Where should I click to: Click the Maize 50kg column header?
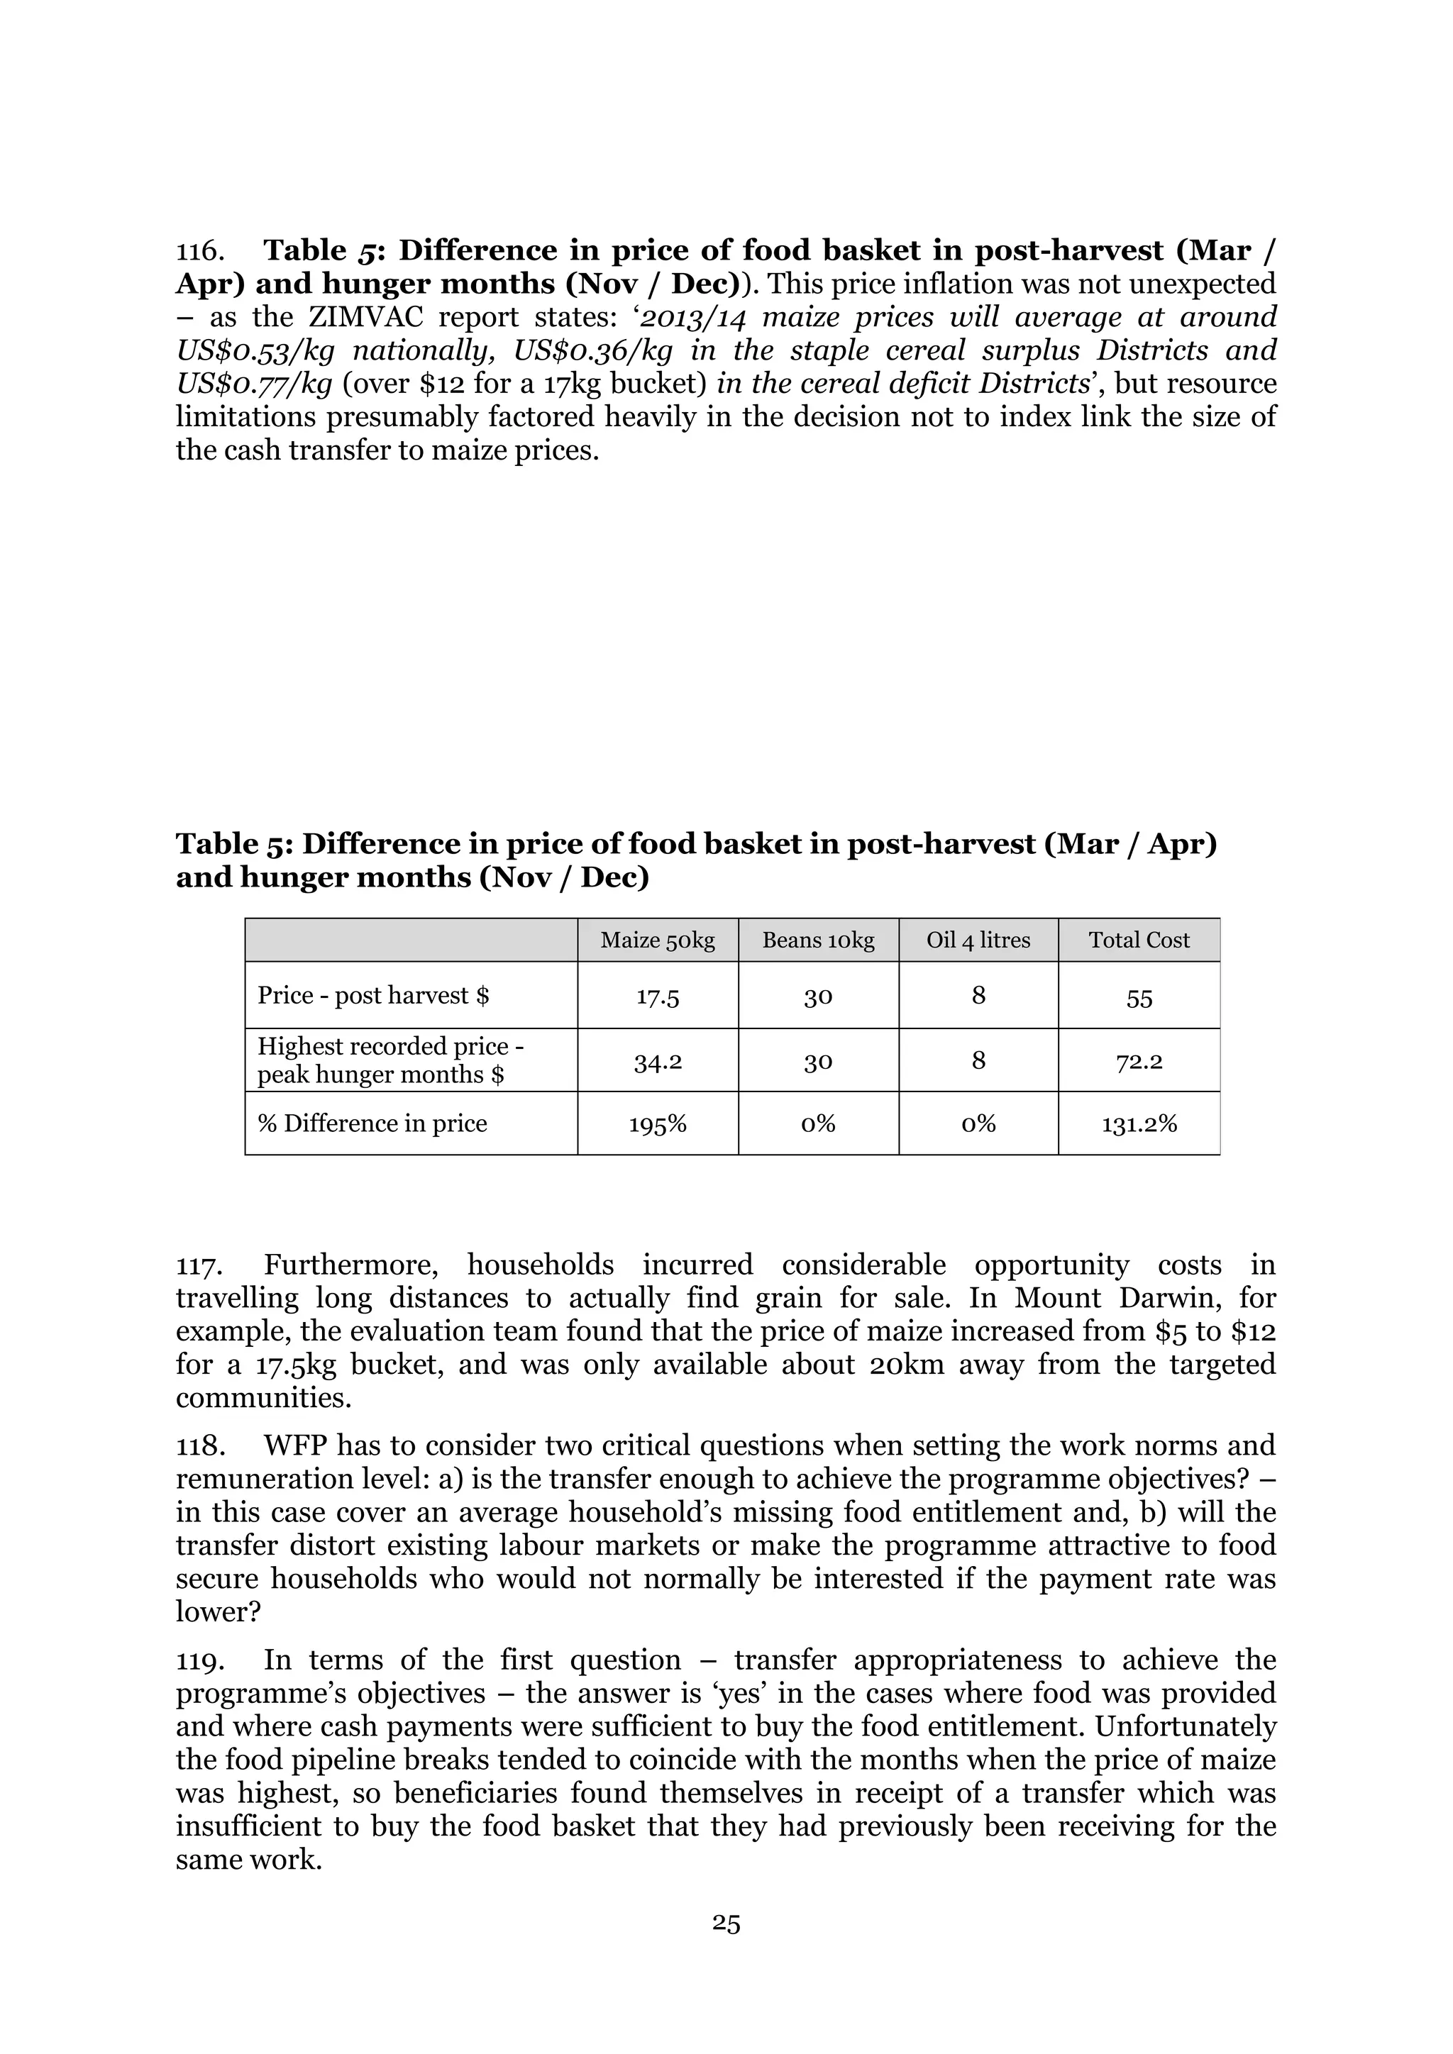pos(658,940)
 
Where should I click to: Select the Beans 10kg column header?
pos(818,940)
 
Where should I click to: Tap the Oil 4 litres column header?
pos(978,940)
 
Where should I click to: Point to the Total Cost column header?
pos(1139,940)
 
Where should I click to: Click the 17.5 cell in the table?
pos(658,997)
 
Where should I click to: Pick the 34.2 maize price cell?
pos(658,1062)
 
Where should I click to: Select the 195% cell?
pos(658,1124)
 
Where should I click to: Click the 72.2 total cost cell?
pos(1139,1062)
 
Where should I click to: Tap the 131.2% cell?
pos(1139,1124)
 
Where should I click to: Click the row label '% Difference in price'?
pos(372,1123)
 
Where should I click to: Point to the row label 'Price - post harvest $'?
pos(373,996)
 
